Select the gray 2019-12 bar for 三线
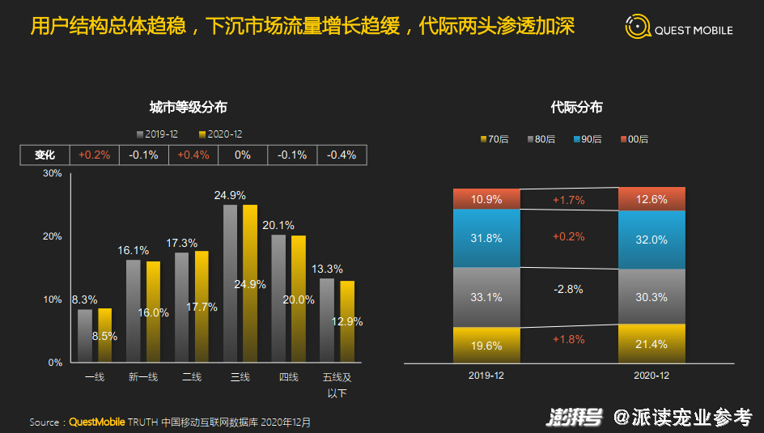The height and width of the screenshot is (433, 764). pos(231,283)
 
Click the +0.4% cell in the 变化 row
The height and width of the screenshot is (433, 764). pos(193,155)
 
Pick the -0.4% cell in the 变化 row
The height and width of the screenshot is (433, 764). pos(342,155)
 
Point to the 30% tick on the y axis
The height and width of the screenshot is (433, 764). pos(53,173)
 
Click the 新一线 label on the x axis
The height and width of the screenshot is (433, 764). pos(143,377)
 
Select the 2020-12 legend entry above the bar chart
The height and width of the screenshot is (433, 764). pos(220,134)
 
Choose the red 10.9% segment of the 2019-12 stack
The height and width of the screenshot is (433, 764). pos(486,199)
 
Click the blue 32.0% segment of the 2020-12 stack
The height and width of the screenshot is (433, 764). pos(652,240)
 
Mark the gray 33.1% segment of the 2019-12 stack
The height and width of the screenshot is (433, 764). pos(486,297)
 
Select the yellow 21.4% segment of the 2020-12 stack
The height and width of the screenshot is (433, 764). pos(652,344)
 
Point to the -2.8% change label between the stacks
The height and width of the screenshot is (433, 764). pos(568,290)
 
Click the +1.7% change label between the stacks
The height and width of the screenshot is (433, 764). pos(568,199)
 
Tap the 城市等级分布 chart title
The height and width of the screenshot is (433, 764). pos(188,107)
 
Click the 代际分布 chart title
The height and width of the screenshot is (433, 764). pos(576,107)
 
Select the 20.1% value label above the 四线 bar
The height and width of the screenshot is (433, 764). pos(278,225)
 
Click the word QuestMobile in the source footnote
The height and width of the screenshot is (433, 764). pos(94,422)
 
